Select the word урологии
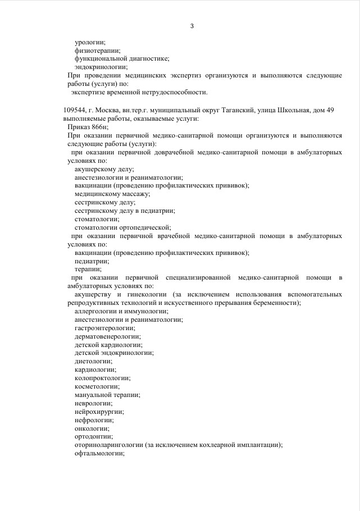(x=90, y=42)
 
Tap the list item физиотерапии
(x=93, y=51)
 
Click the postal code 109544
(x=75, y=110)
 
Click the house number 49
(x=330, y=110)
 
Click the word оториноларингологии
(x=108, y=445)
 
